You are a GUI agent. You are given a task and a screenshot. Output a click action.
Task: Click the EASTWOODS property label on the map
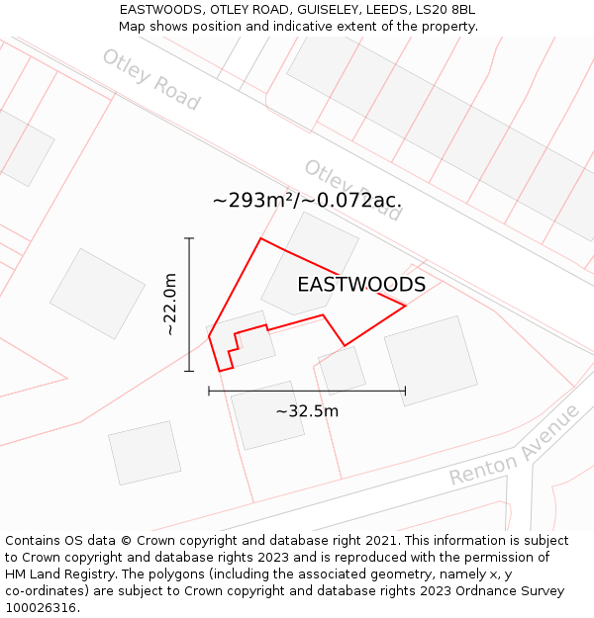(361, 285)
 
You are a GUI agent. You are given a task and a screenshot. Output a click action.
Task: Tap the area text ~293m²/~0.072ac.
(307, 201)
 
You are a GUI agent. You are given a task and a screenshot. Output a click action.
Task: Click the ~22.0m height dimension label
(171, 305)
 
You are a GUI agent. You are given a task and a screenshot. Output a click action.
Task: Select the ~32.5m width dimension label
(307, 411)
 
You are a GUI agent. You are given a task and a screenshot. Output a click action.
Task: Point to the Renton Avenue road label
(514, 446)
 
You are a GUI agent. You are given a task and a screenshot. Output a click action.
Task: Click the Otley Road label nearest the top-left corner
(150, 79)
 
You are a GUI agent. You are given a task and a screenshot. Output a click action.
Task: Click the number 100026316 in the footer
(42, 607)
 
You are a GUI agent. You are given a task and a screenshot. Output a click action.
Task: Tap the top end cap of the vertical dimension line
(189, 238)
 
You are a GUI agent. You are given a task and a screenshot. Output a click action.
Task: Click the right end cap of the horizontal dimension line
(405, 391)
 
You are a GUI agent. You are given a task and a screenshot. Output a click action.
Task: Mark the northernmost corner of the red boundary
(260, 238)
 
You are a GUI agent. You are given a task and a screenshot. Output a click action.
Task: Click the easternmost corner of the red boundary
(406, 306)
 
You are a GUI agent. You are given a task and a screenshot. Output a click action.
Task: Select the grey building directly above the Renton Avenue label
(430, 360)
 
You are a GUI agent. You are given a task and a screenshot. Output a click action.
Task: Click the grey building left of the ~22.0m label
(98, 293)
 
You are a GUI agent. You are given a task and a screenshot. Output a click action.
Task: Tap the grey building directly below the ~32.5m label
(267, 415)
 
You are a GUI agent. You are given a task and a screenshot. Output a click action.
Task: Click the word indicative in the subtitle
(316, 27)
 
